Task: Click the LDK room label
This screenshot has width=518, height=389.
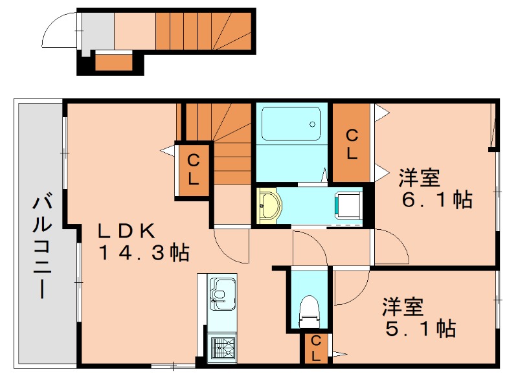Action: (127, 231)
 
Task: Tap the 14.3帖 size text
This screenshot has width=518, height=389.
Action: (144, 253)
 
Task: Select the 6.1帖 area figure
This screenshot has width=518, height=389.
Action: (437, 199)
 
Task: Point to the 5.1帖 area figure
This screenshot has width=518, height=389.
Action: (420, 328)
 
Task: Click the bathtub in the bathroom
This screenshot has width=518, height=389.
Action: (291, 123)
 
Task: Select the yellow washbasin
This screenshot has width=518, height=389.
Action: (269, 206)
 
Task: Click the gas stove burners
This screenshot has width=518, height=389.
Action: (223, 349)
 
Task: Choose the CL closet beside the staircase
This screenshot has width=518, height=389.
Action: (193, 170)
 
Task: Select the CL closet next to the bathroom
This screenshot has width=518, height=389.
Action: (352, 143)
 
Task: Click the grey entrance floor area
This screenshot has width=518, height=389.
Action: (98, 31)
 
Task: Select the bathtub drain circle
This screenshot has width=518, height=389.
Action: (312, 124)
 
